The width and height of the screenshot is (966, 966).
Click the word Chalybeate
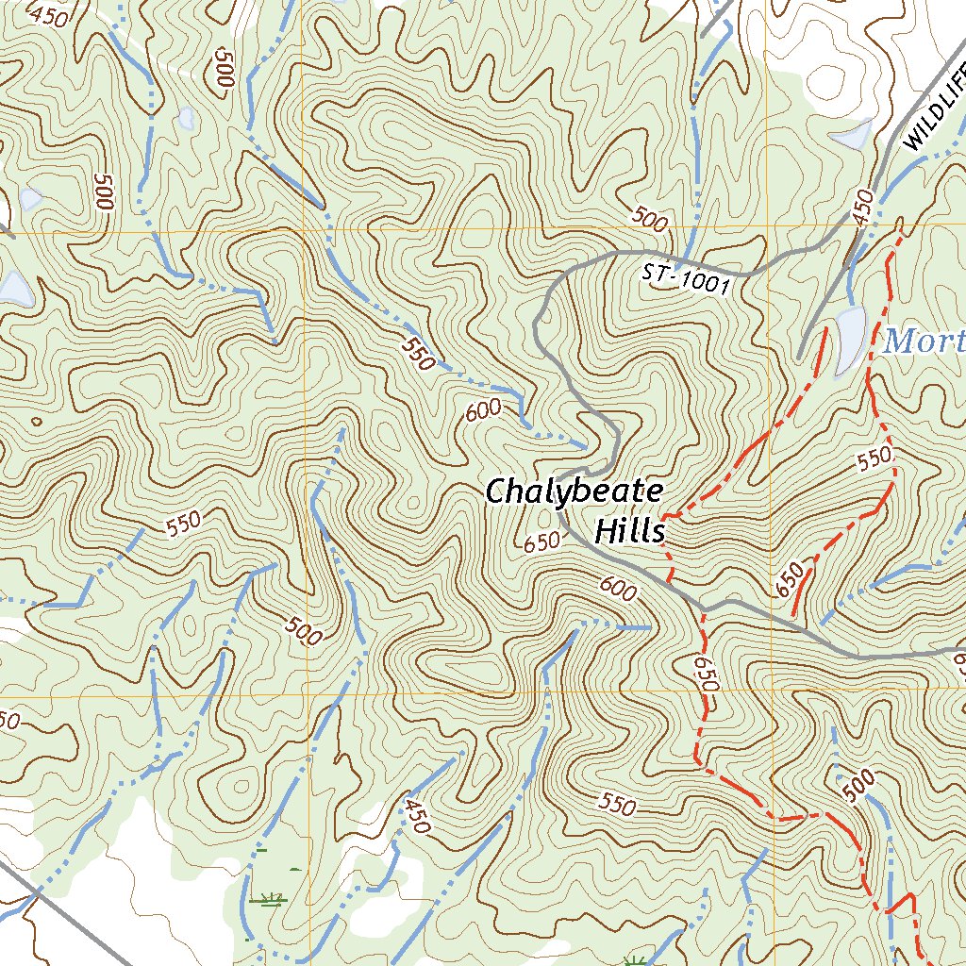point(574,492)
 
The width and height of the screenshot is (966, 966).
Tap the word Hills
point(629,531)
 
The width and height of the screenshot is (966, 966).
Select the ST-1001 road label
point(686,279)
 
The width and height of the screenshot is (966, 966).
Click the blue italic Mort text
point(924,341)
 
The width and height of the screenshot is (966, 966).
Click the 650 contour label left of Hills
point(542,542)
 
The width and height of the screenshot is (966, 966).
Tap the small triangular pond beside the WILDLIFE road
point(858,135)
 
